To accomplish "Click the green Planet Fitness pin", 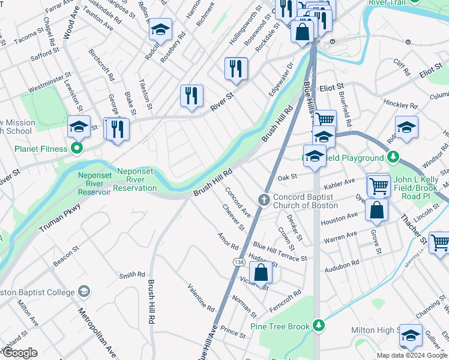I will tap(76, 148).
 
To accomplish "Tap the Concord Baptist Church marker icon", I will tap(263, 200).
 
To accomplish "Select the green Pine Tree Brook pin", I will tap(319, 326).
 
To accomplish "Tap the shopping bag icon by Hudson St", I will tap(261, 273).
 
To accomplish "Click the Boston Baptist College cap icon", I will tap(84, 292).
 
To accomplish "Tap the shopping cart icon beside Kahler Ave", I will tap(379, 186).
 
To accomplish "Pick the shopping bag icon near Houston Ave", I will tap(376, 210).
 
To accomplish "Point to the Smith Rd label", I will tap(132, 275).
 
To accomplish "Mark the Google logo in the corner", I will tap(20, 353).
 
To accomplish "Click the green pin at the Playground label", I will tap(393, 157).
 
